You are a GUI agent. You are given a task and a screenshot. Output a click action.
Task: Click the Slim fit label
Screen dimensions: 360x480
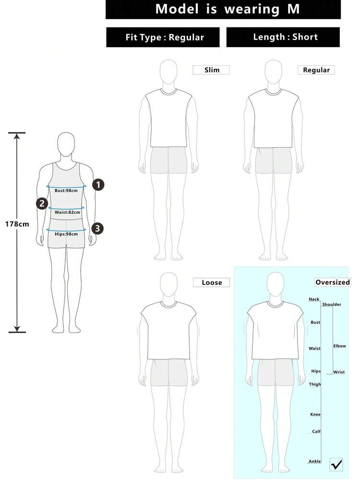(211, 70)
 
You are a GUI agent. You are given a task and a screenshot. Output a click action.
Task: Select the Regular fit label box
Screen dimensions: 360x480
(316, 70)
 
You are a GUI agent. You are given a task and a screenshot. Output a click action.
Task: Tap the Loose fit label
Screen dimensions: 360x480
(211, 283)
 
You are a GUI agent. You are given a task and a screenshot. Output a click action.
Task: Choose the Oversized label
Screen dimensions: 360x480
(333, 282)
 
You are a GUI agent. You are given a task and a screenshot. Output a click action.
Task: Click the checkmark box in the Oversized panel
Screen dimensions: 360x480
(336, 465)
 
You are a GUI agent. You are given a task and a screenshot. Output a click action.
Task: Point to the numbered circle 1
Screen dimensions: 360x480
(98, 185)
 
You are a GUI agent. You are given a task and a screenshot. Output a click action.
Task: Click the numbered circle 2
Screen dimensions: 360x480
(42, 204)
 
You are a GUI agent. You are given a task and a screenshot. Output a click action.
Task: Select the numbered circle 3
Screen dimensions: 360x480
(97, 228)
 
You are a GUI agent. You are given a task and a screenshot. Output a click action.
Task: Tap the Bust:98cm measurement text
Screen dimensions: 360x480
(66, 190)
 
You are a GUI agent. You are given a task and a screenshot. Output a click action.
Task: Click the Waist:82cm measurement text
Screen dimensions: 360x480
(67, 212)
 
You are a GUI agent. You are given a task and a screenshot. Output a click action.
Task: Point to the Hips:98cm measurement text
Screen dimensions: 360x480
(66, 234)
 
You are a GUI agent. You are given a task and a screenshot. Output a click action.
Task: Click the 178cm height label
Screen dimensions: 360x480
(17, 224)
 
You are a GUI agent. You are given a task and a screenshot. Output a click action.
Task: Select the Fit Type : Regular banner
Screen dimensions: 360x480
(163, 37)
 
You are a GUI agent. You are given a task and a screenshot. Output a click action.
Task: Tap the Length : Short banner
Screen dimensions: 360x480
(283, 37)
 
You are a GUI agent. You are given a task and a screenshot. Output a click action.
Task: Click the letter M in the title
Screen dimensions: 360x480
(293, 9)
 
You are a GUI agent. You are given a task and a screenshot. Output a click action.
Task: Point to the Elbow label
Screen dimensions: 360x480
(339, 346)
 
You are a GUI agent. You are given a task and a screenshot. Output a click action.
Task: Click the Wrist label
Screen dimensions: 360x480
(339, 372)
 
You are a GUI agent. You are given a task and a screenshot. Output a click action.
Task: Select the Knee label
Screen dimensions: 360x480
(315, 414)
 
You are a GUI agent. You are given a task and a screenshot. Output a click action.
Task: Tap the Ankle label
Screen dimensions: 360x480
(315, 461)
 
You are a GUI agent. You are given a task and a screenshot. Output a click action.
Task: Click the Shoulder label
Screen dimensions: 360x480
(332, 304)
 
